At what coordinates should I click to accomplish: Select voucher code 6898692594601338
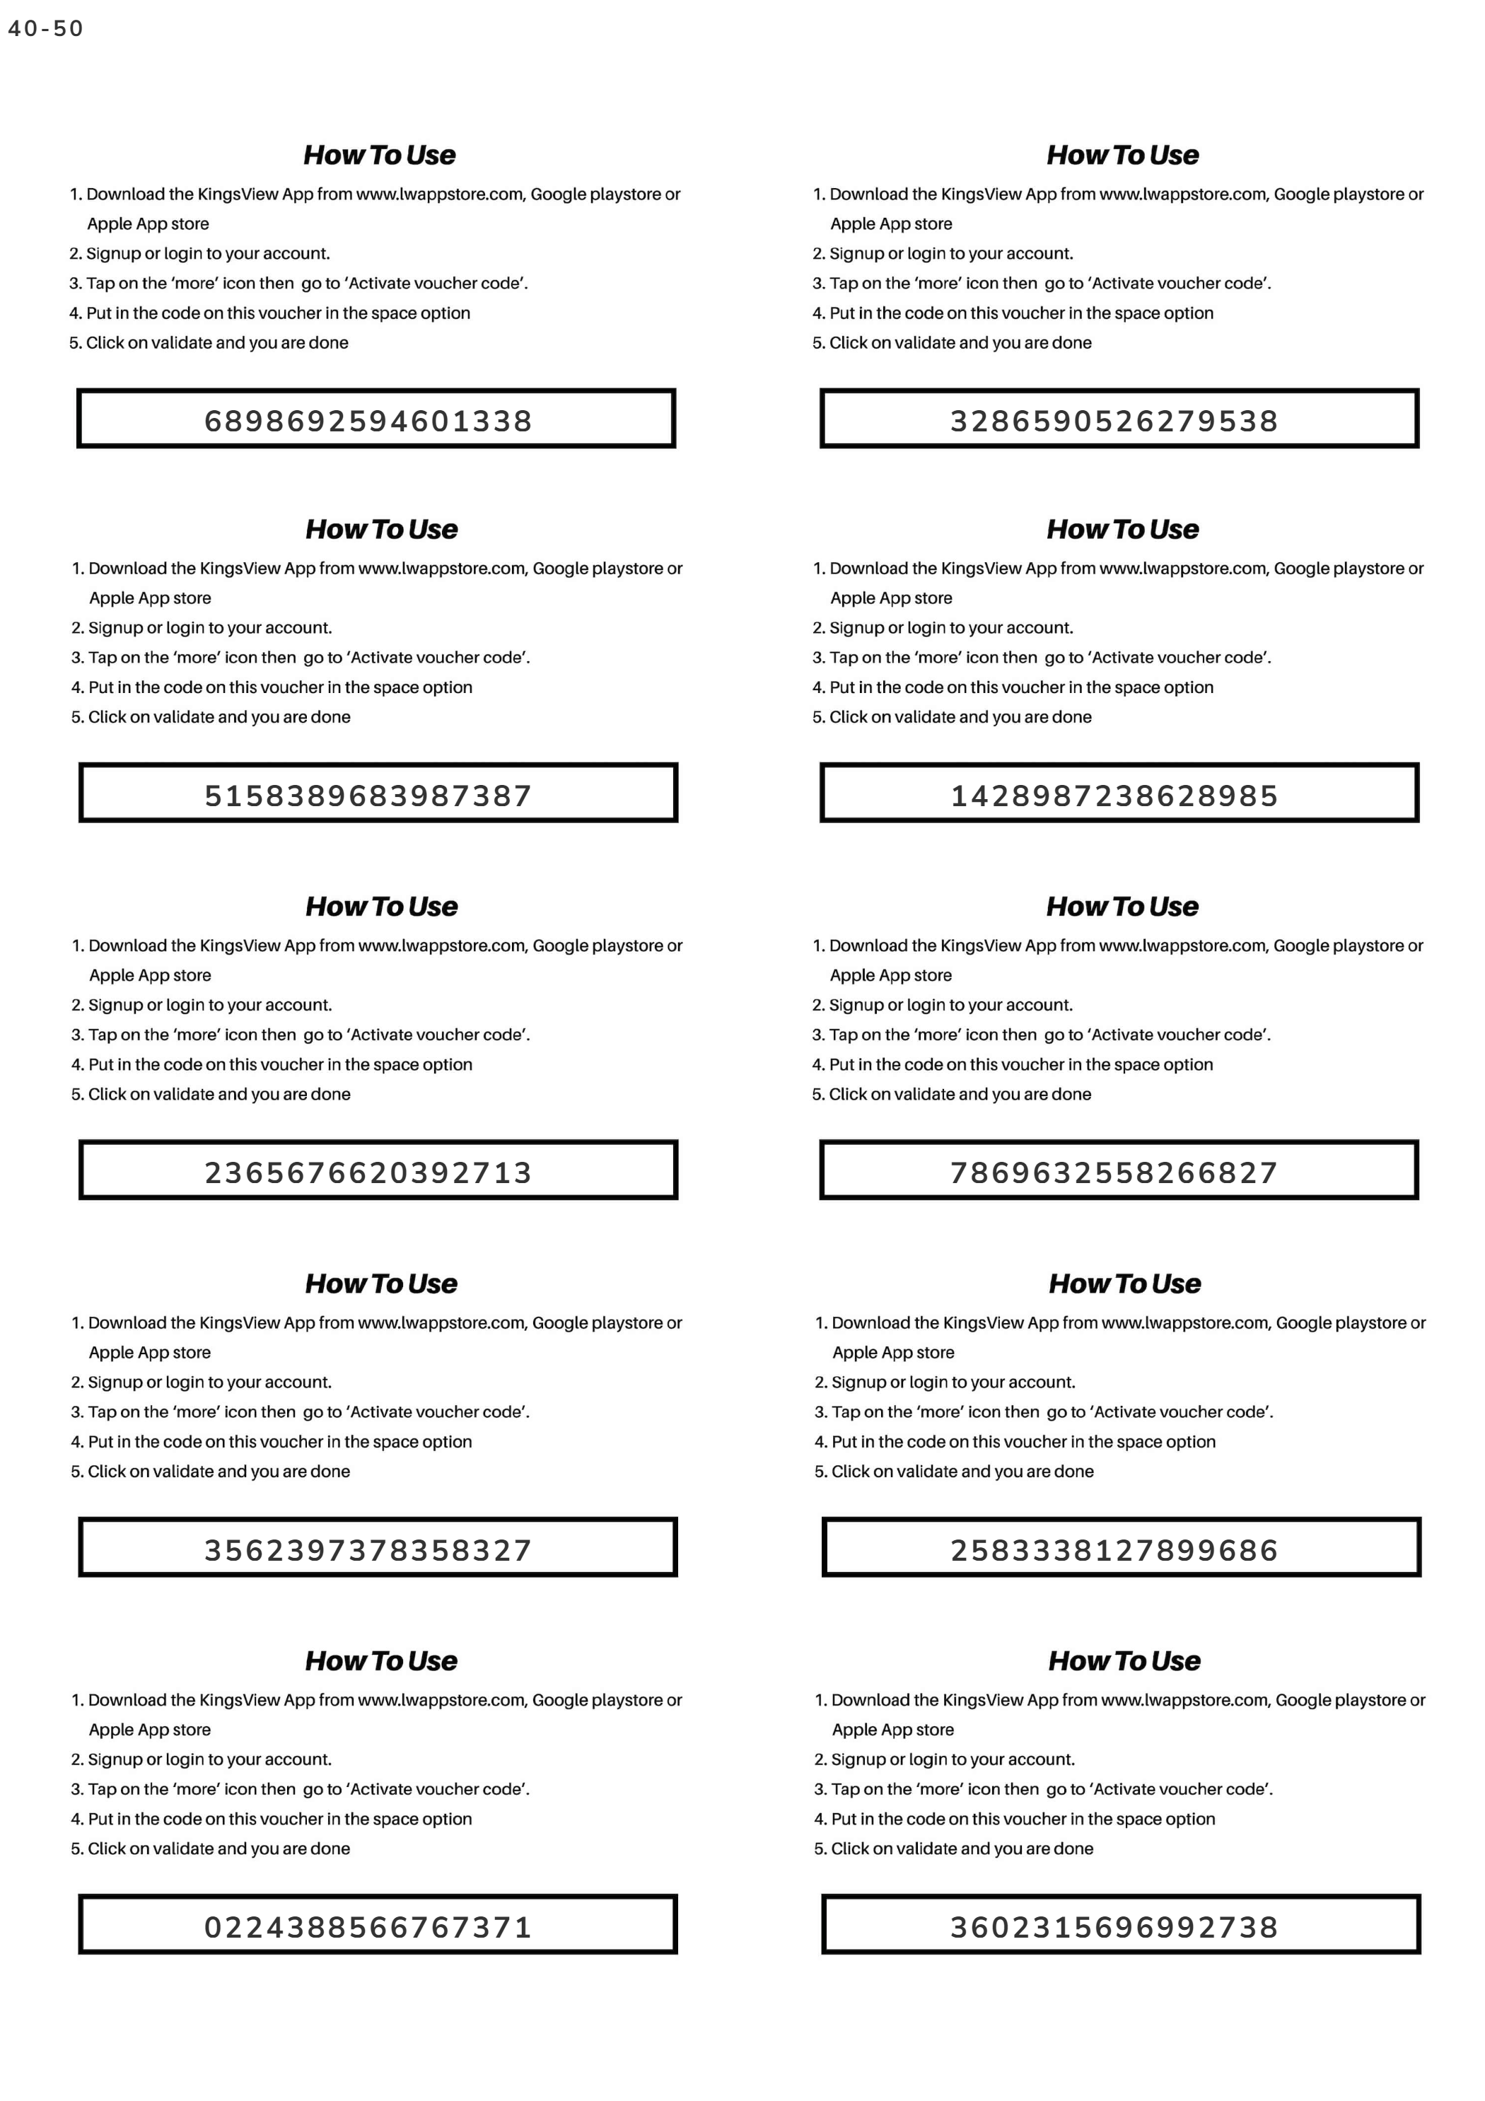[x=368, y=421]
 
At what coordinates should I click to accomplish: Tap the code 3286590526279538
[x=1114, y=421]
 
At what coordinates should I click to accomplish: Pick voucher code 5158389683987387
[x=368, y=795]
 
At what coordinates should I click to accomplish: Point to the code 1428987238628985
[x=1114, y=795]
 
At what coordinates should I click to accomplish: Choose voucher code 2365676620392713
[x=368, y=1172]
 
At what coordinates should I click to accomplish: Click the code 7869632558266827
[x=1114, y=1172]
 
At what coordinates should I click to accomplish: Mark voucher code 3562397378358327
[x=368, y=1550]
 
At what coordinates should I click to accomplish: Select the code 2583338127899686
[x=1114, y=1550]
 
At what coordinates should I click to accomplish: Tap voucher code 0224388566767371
[x=368, y=1927]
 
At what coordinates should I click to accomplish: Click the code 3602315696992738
[x=1114, y=1927]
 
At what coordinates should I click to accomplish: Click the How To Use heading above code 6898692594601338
[x=380, y=155]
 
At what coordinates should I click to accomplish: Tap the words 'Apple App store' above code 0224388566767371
[x=149, y=1730]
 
